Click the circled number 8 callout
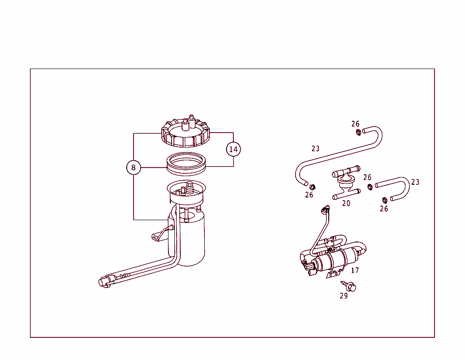[134, 168]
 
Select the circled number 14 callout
[233, 149]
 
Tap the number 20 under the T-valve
[346, 203]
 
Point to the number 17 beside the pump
[355, 271]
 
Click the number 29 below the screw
[344, 296]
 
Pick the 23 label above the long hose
[316, 148]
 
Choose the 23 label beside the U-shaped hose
[415, 182]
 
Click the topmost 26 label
[355, 124]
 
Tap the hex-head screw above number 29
[350, 286]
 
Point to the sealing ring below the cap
[187, 163]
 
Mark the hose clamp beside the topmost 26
[358, 133]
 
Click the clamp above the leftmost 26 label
[312, 187]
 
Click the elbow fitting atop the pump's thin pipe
[324, 209]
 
